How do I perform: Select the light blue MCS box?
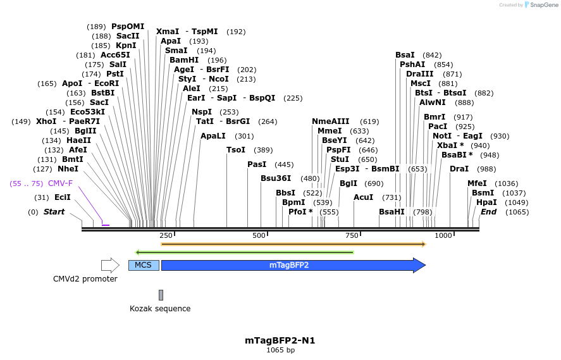144,265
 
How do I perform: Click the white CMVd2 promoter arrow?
110,265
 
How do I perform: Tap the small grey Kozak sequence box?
161,295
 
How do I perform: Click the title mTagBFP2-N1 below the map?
280,340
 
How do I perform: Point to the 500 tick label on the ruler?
259,235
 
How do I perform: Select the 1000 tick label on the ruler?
443,235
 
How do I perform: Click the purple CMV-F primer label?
60,183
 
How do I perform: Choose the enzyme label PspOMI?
128,27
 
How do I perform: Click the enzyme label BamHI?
184,60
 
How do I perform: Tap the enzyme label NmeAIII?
330,121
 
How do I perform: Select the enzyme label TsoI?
236,150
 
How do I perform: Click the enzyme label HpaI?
486,202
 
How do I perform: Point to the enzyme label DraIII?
420,74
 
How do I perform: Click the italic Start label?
54,212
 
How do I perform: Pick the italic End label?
488,212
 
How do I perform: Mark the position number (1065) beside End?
517,212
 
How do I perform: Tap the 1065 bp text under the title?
280,350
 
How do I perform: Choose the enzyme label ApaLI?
213,136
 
